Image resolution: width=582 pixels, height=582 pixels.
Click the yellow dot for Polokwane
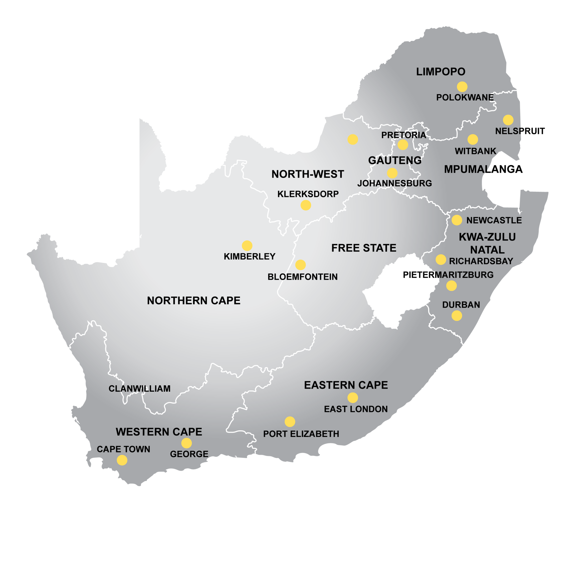tap(462, 87)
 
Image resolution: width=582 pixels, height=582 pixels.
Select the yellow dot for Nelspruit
tap(508, 120)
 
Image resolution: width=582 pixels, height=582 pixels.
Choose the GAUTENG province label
tap(395, 160)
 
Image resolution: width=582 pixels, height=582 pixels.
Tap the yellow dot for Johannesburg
tap(392, 173)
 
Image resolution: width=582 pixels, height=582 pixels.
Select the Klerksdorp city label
tap(308, 194)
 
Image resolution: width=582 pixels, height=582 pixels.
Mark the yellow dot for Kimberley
tap(247, 246)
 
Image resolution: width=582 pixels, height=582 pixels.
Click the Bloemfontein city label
tap(302, 277)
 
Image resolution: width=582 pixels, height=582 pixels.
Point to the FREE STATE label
tap(364, 248)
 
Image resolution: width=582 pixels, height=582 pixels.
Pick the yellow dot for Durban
tap(457, 316)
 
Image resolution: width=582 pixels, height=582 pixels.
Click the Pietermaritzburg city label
tap(448, 275)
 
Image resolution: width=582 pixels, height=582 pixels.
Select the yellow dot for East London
tap(352, 398)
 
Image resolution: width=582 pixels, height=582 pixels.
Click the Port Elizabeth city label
tap(301, 434)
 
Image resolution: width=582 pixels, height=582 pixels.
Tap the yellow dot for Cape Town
tap(122, 460)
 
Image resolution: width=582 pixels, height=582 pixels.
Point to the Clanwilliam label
tap(140, 389)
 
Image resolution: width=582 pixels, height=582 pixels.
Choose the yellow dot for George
tap(186, 443)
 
